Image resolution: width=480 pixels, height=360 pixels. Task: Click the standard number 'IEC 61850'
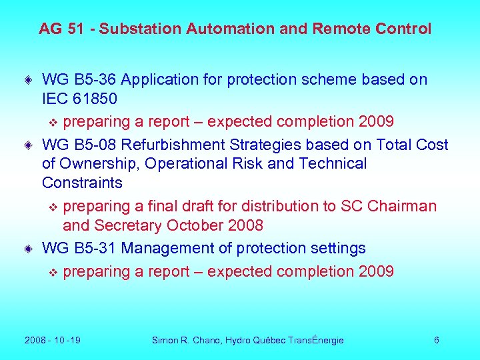[79, 99]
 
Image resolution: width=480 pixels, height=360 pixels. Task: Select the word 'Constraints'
[82, 183]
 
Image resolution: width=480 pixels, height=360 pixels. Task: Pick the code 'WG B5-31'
[79, 249]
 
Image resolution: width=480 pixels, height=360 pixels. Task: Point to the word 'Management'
[165, 249]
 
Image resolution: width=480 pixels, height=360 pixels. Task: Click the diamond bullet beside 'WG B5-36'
[29, 80]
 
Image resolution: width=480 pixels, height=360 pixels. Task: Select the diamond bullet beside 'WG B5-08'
[29, 145]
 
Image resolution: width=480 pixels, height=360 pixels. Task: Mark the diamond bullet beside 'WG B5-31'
[29, 249]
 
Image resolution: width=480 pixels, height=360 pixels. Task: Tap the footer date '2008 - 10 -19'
[52, 341]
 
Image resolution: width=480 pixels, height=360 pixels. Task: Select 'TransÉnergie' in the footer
[315, 341]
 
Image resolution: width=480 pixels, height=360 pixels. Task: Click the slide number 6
[436, 341]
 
